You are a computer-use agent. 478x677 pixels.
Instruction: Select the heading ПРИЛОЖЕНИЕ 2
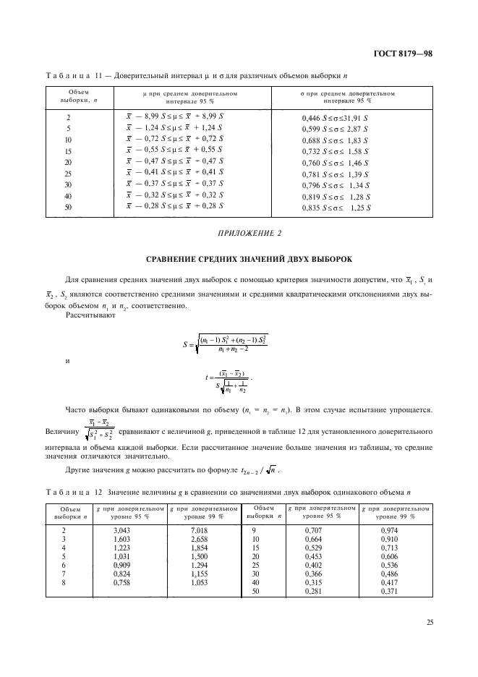(x=239, y=233)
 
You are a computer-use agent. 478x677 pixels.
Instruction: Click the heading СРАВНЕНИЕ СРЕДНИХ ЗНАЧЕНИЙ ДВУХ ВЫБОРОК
(x=239, y=258)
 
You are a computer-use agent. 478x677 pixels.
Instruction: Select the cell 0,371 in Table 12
(x=390, y=592)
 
